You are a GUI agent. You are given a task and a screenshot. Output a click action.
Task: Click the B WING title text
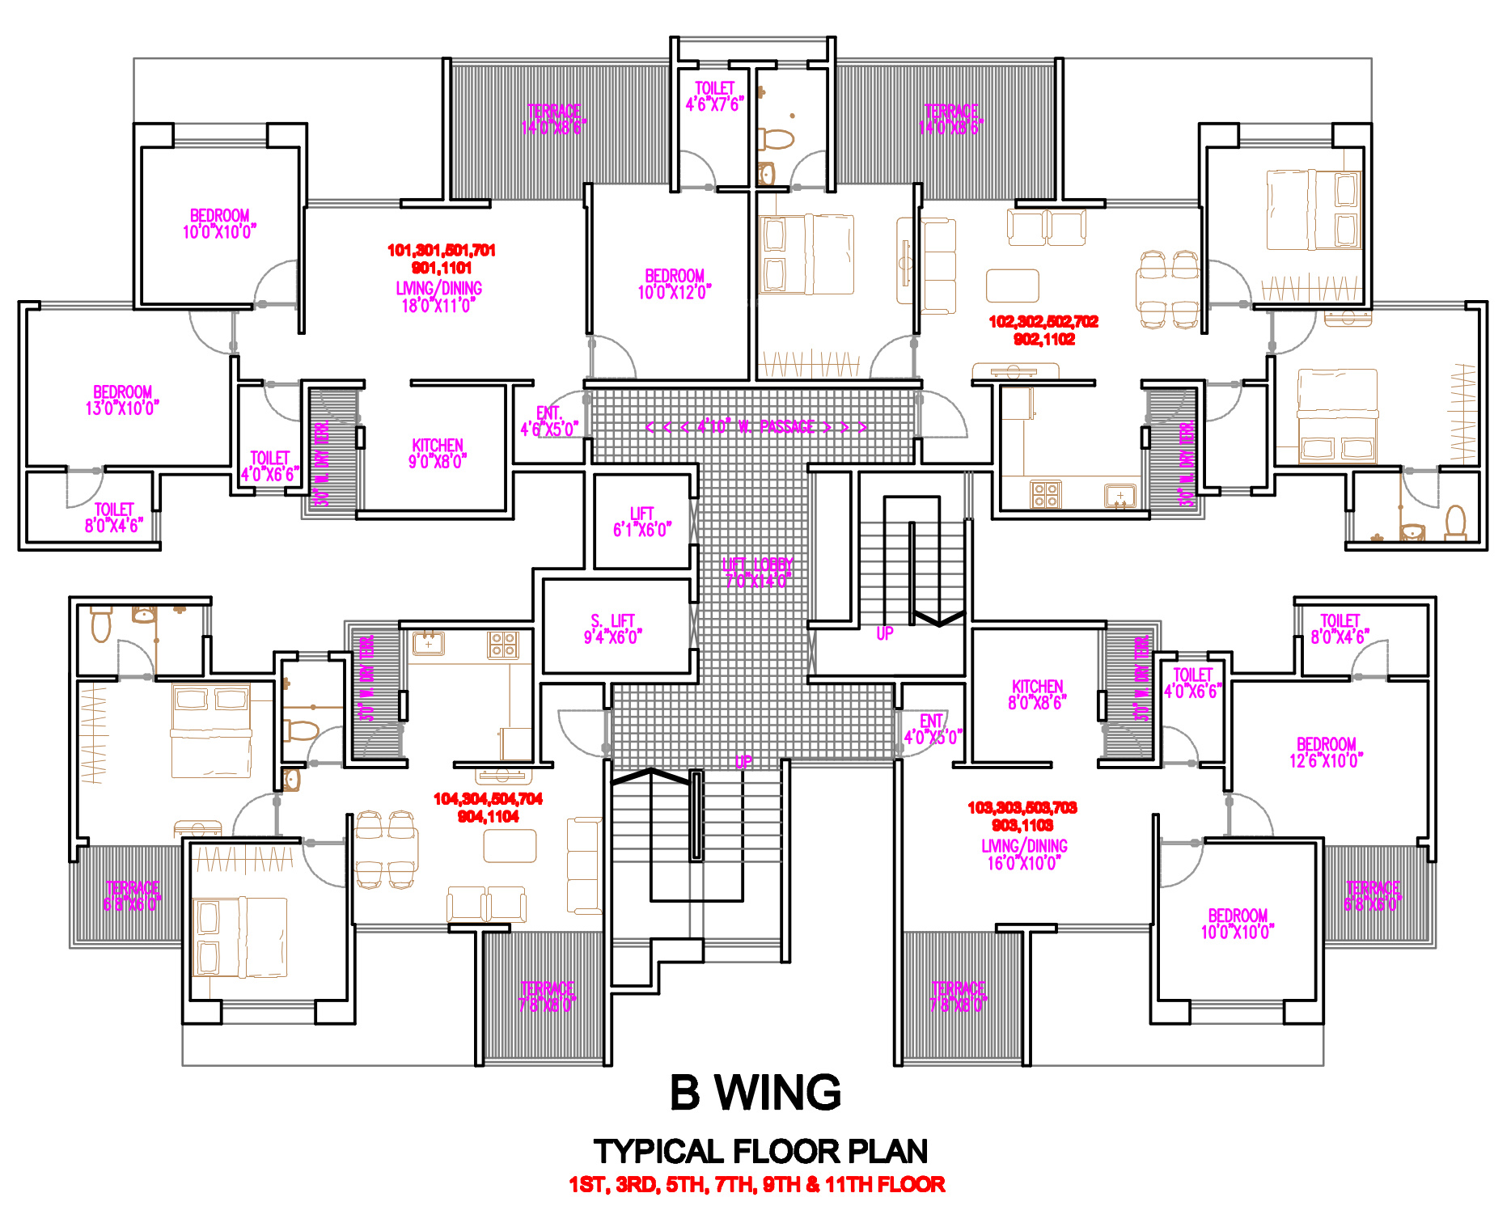[x=755, y=1093]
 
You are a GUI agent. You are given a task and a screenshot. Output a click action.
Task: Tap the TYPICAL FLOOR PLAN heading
[x=760, y=1151]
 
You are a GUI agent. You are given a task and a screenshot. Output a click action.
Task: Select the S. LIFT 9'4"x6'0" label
[x=612, y=629]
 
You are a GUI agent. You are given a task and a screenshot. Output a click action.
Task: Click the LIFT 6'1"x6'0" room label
[x=642, y=522]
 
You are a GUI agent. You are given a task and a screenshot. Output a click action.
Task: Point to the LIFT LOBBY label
[x=757, y=572]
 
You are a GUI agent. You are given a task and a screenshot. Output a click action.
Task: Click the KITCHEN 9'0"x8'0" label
[x=438, y=454]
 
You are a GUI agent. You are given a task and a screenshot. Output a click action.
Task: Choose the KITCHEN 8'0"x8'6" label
[x=1037, y=695]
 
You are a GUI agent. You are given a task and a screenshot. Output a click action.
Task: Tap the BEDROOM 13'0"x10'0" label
[x=122, y=400]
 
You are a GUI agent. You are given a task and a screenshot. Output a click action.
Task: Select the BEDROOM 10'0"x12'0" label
[x=675, y=284]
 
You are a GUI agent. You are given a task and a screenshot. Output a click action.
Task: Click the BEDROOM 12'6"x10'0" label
[x=1326, y=752]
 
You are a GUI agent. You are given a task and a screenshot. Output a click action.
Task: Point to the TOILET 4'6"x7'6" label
[x=714, y=96]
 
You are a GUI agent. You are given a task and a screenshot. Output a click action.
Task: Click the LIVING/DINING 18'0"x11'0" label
[x=438, y=297]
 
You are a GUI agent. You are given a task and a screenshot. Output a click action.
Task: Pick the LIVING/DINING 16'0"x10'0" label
[x=1024, y=854]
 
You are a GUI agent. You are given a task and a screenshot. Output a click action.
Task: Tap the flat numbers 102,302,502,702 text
[x=1043, y=322]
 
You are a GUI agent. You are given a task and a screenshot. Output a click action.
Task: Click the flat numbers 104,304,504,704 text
[x=488, y=799]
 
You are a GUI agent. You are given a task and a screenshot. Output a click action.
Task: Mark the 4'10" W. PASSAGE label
[x=755, y=427]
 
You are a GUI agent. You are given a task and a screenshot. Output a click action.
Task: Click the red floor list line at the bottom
[x=756, y=1185]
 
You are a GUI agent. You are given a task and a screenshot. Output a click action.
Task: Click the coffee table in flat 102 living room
[x=1012, y=286]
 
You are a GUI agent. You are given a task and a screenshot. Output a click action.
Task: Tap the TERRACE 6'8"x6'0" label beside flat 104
[x=132, y=896]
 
